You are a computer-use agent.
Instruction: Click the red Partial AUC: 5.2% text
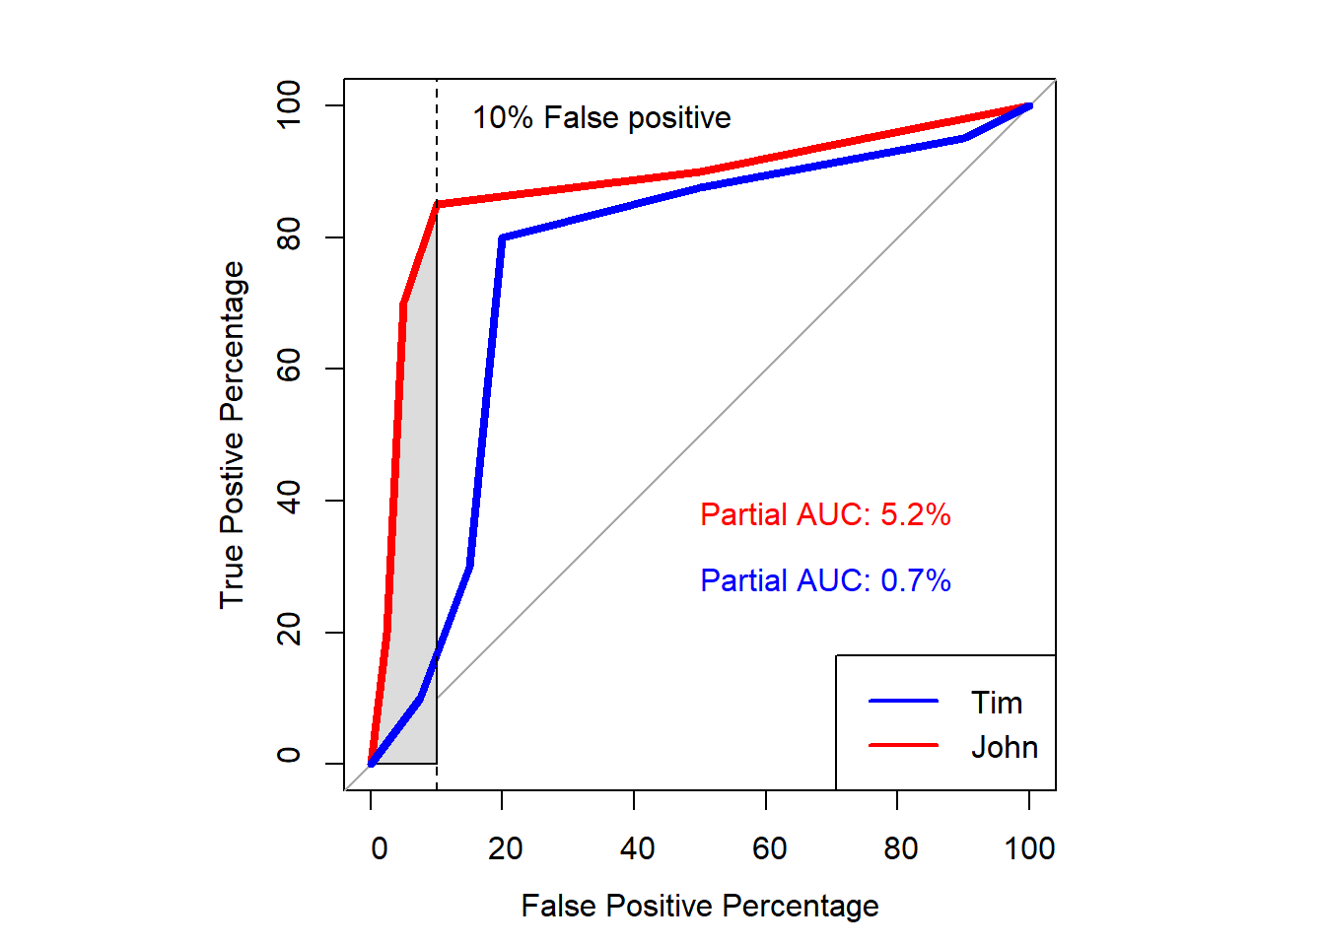pos(825,514)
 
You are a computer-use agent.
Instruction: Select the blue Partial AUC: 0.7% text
pos(825,580)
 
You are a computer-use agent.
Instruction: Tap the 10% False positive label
pos(601,118)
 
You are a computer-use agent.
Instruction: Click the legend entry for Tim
pos(997,703)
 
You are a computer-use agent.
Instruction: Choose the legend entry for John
pos(1004,747)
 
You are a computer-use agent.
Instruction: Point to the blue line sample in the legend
pos(903,701)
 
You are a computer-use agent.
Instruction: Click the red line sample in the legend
pos(903,745)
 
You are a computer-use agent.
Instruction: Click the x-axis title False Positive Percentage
pos(700,906)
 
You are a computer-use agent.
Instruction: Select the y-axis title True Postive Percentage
pos(232,435)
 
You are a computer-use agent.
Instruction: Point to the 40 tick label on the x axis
pos(637,848)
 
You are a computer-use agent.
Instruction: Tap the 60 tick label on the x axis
pos(769,848)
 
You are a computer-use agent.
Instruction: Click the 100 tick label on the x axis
pos(1029,848)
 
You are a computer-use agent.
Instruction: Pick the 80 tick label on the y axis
pos(289,236)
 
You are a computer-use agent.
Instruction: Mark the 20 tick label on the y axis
pos(289,631)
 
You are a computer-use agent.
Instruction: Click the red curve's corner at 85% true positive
pos(437,204)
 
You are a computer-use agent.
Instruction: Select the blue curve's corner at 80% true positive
pos(503,237)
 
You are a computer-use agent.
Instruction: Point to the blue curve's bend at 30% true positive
pos(470,566)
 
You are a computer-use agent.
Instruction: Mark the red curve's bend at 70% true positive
pos(403,304)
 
